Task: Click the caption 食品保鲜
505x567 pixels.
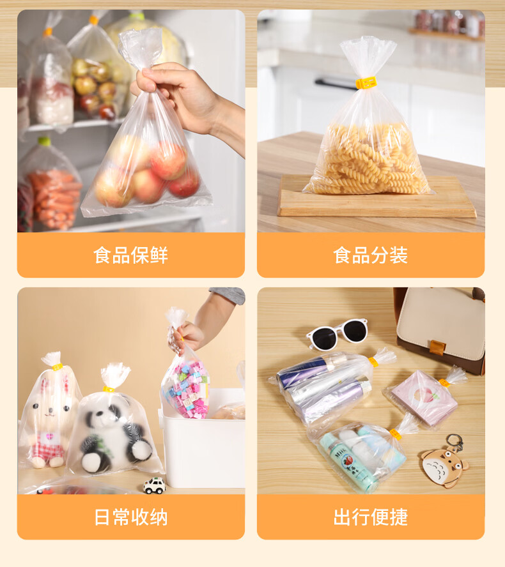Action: coord(130,255)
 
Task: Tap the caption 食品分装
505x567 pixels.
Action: coord(370,255)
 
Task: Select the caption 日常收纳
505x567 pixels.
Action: coord(130,517)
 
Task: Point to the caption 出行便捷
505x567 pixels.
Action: coord(370,517)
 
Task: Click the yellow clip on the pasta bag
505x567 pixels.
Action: coord(366,83)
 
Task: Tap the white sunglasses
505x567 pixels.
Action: coord(337,334)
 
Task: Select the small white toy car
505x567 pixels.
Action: coord(154,486)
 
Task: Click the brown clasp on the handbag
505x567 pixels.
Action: coord(437,347)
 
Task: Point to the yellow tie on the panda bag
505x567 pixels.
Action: coord(108,389)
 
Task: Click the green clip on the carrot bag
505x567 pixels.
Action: coord(45,141)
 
